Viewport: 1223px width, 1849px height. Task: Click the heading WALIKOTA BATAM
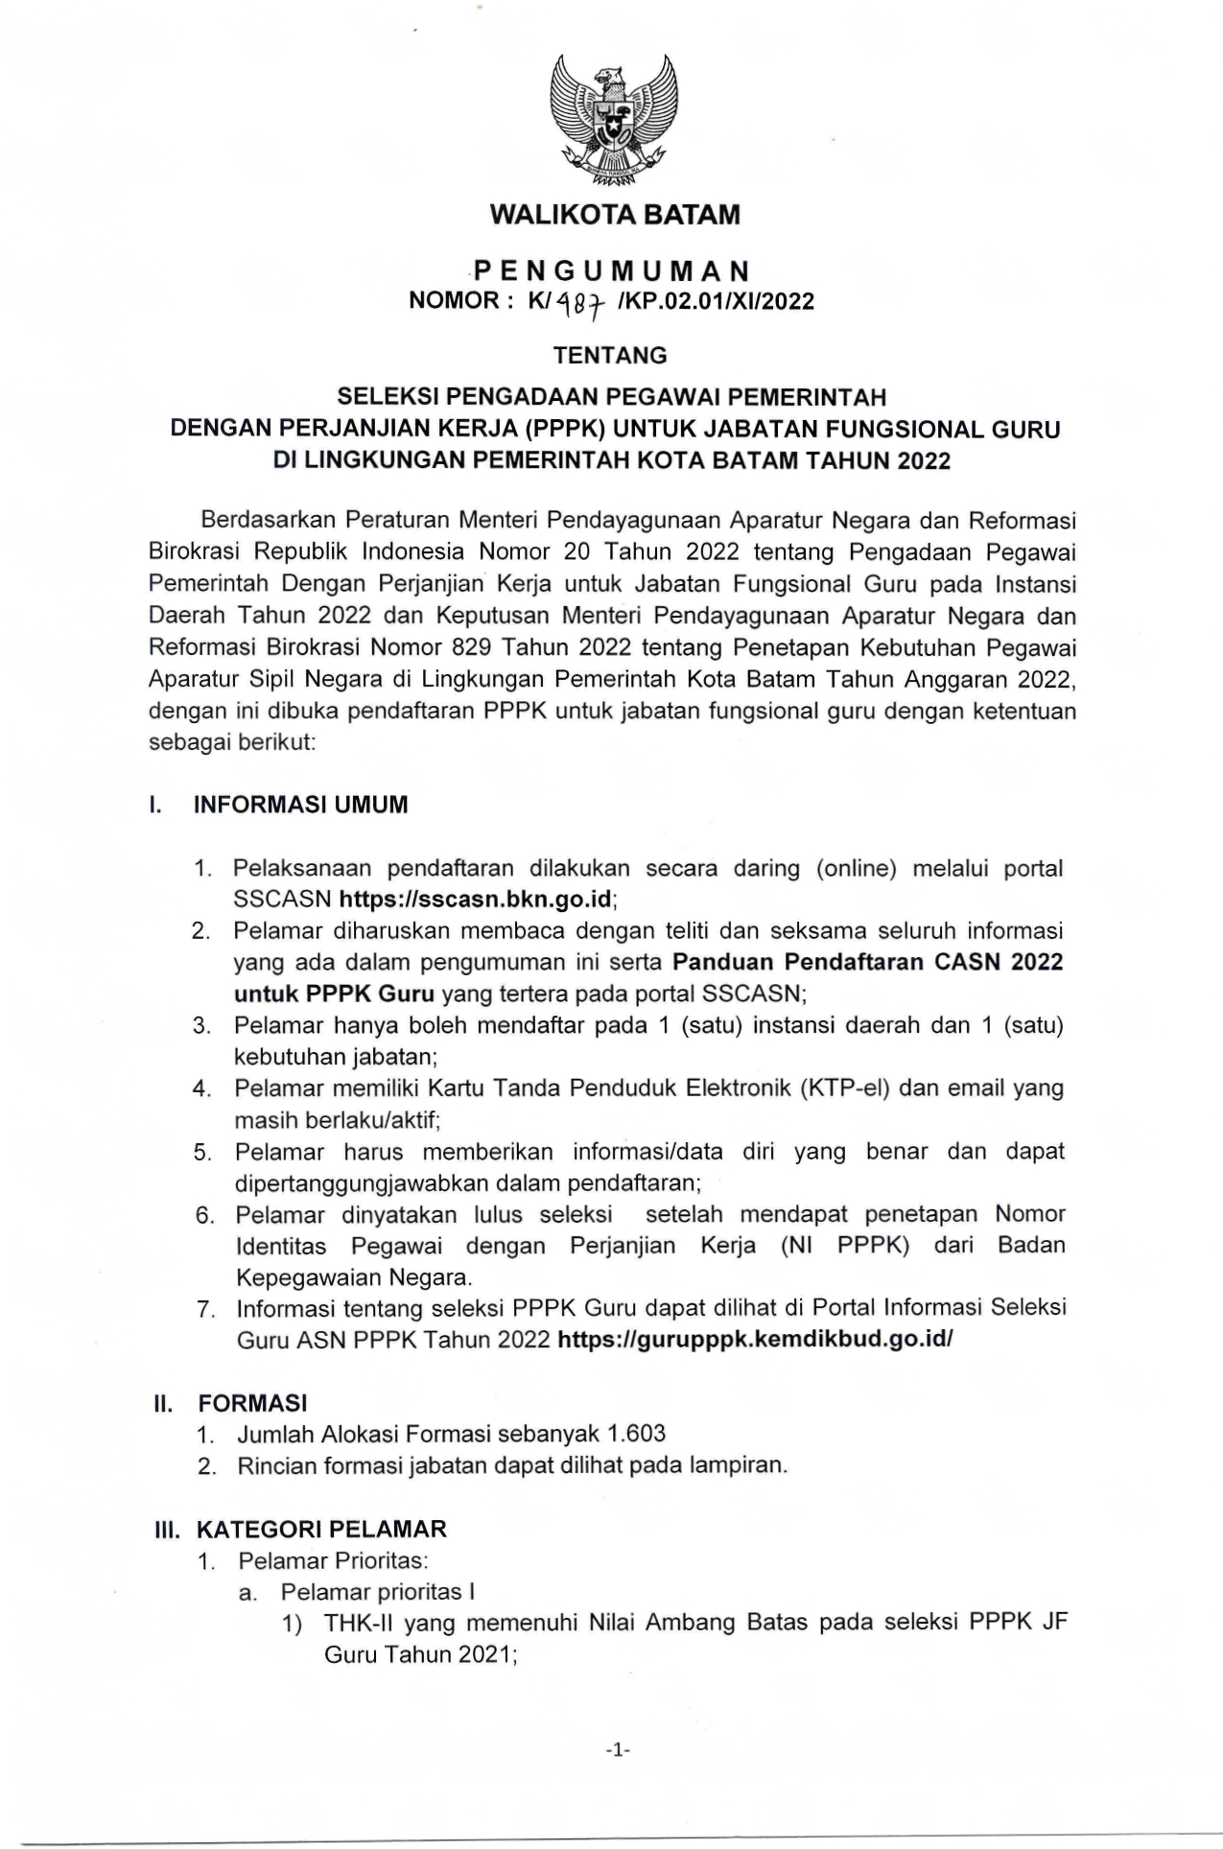[615, 214]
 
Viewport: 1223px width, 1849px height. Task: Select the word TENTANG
[610, 356]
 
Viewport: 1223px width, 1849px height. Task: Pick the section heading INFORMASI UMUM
[301, 805]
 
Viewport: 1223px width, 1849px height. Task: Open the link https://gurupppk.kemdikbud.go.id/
[755, 1339]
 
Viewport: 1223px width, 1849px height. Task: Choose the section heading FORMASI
[253, 1403]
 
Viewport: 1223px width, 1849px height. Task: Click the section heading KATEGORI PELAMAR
[322, 1529]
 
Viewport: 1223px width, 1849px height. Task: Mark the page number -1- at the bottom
[618, 1750]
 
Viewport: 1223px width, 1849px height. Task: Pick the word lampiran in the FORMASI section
[740, 1465]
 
